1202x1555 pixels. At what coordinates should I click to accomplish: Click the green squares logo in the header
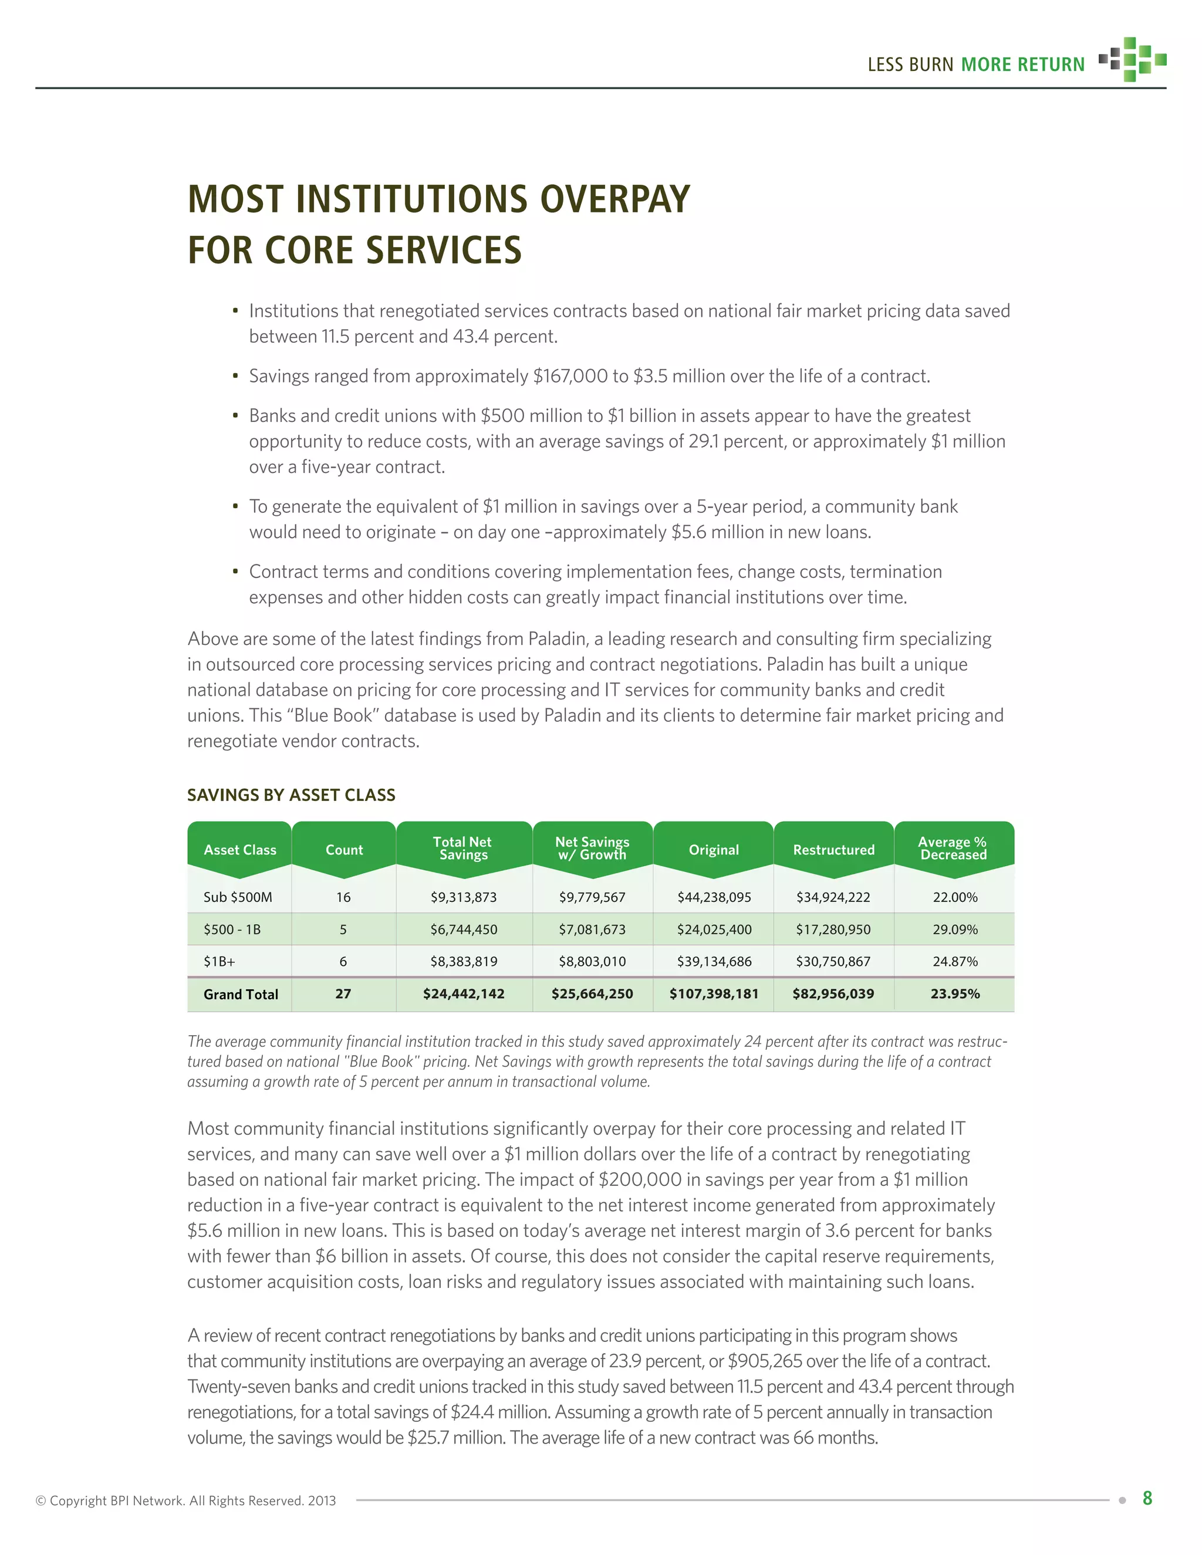pyautogui.click(x=1132, y=60)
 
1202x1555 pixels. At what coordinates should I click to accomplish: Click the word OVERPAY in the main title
pyautogui.click(x=614, y=199)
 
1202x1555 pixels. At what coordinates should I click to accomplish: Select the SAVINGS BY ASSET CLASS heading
pyautogui.click(x=291, y=795)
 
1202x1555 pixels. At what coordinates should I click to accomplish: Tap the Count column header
pyautogui.click(x=344, y=850)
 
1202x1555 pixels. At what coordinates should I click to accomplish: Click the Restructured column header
pyautogui.click(x=833, y=850)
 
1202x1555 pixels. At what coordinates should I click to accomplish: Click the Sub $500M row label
pyautogui.click(x=238, y=897)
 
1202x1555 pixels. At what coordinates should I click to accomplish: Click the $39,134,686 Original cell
pyautogui.click(x=714, y=961)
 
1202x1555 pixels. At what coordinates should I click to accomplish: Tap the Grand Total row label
pyautogui.click(x=241, y=994)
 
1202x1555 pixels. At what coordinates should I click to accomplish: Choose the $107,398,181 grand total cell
pyautogui.click(x=714, y=994)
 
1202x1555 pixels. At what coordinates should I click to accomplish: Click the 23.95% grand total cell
pyautogui.click(x=955, y=994)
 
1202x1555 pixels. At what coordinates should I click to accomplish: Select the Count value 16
pyautogui.click(x=343, y=897)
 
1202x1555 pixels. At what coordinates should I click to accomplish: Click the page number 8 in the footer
pyautogui.click(x=1147, y=1498)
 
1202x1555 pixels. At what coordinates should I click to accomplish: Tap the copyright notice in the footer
pyautogui.click(x=186, y=1501)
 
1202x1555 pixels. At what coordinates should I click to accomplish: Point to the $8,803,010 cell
pyautogui.click(x=592, y=961)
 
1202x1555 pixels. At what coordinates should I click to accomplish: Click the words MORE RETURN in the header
pyautogui.click(x=1022, y=65)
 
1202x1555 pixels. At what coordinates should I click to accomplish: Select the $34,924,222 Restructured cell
pyautogui.click(x=833, y=897)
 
